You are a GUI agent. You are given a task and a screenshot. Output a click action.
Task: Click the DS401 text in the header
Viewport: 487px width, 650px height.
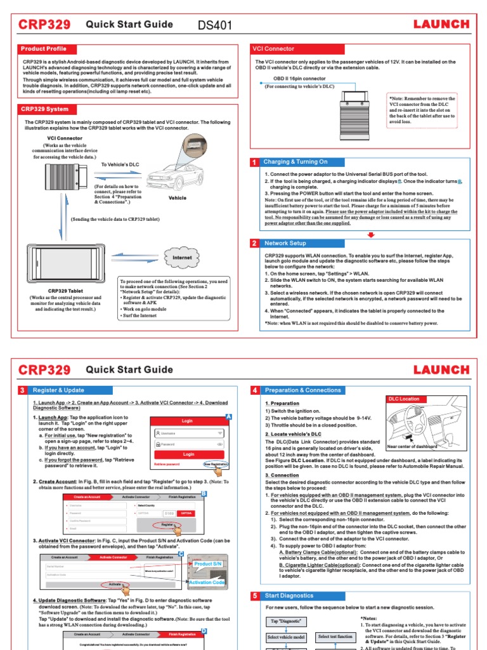[216, 25]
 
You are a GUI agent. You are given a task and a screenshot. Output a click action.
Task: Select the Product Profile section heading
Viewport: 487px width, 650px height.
[43, 49]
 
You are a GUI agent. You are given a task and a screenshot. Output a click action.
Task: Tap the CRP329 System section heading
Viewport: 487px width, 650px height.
[44, 109]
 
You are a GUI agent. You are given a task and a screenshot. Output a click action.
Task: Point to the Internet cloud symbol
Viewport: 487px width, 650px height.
[183, 258]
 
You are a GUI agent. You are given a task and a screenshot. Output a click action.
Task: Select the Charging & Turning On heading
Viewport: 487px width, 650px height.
[295, 162]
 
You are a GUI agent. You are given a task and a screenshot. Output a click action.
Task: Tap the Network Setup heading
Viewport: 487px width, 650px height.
[285, 243]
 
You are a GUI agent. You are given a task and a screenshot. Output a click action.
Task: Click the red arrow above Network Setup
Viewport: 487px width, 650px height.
[371, 234]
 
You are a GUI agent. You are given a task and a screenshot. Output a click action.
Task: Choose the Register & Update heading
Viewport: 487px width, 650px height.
[57, 390]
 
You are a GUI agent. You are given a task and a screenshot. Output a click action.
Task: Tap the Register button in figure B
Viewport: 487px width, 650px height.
[167, 525]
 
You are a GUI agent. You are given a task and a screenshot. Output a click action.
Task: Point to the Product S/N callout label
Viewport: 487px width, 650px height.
[208, 564]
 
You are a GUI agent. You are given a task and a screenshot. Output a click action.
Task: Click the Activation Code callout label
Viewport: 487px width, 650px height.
[207, 582]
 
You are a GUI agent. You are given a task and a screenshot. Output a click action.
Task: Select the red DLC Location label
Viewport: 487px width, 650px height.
[404, 399]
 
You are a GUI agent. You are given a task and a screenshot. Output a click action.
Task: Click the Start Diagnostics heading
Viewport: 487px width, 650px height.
[289, 596]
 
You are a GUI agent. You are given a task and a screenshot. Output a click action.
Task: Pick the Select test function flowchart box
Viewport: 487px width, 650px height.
[335, 637]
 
